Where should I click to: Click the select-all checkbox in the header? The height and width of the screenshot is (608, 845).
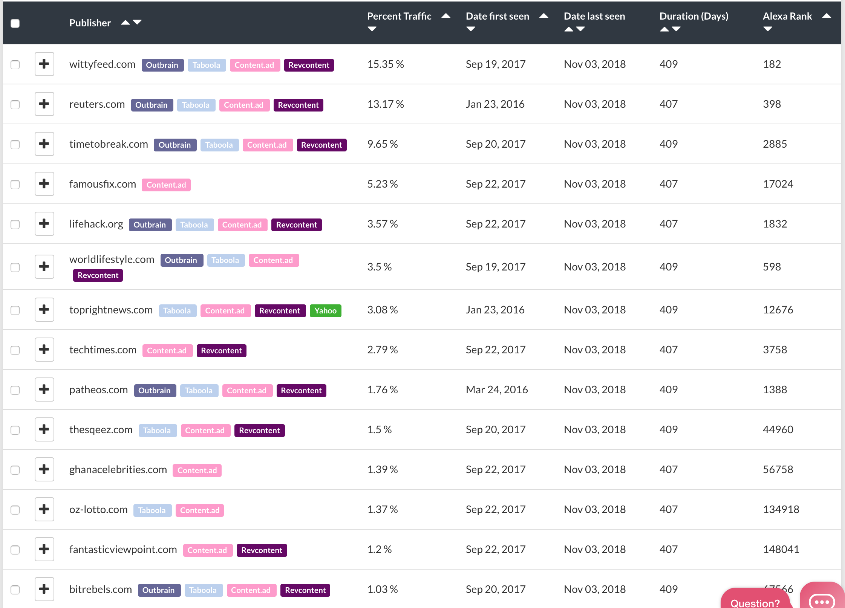[x=15, y=23]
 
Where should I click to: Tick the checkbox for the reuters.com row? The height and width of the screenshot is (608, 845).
[x=15, y=104]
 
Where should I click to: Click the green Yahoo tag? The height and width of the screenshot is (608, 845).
[x=326, y=311]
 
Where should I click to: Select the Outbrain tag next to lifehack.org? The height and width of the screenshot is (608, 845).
[x=150, y=225]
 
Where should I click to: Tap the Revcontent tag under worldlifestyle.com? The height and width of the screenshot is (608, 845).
[x=98, y=275]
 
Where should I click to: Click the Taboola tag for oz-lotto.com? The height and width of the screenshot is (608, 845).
[x=152, y=510]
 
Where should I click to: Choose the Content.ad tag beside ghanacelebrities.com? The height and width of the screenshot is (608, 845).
[x=197, y=471]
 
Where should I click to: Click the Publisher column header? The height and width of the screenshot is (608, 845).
[x=90, y=23]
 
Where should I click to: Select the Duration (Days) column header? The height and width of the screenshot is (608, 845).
[x=694, y=16]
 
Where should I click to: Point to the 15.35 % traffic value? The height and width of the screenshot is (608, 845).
[x=386, y=64]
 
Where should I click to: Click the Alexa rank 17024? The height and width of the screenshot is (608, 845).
[x=778, y=184]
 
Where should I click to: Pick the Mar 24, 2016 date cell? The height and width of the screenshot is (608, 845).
[x=497, y=390]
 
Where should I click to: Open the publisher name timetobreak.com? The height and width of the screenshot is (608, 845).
[x=109, y=144]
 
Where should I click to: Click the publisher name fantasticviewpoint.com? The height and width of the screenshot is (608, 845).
[x=123, y=550]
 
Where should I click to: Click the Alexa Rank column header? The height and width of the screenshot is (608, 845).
[x=787, y=16]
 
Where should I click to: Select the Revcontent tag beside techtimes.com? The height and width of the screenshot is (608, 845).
[x=222, y=351]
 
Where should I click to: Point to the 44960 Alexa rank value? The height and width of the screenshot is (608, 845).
[x=778, y=430]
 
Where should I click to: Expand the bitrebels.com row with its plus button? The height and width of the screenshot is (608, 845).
[x=44, y=589]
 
